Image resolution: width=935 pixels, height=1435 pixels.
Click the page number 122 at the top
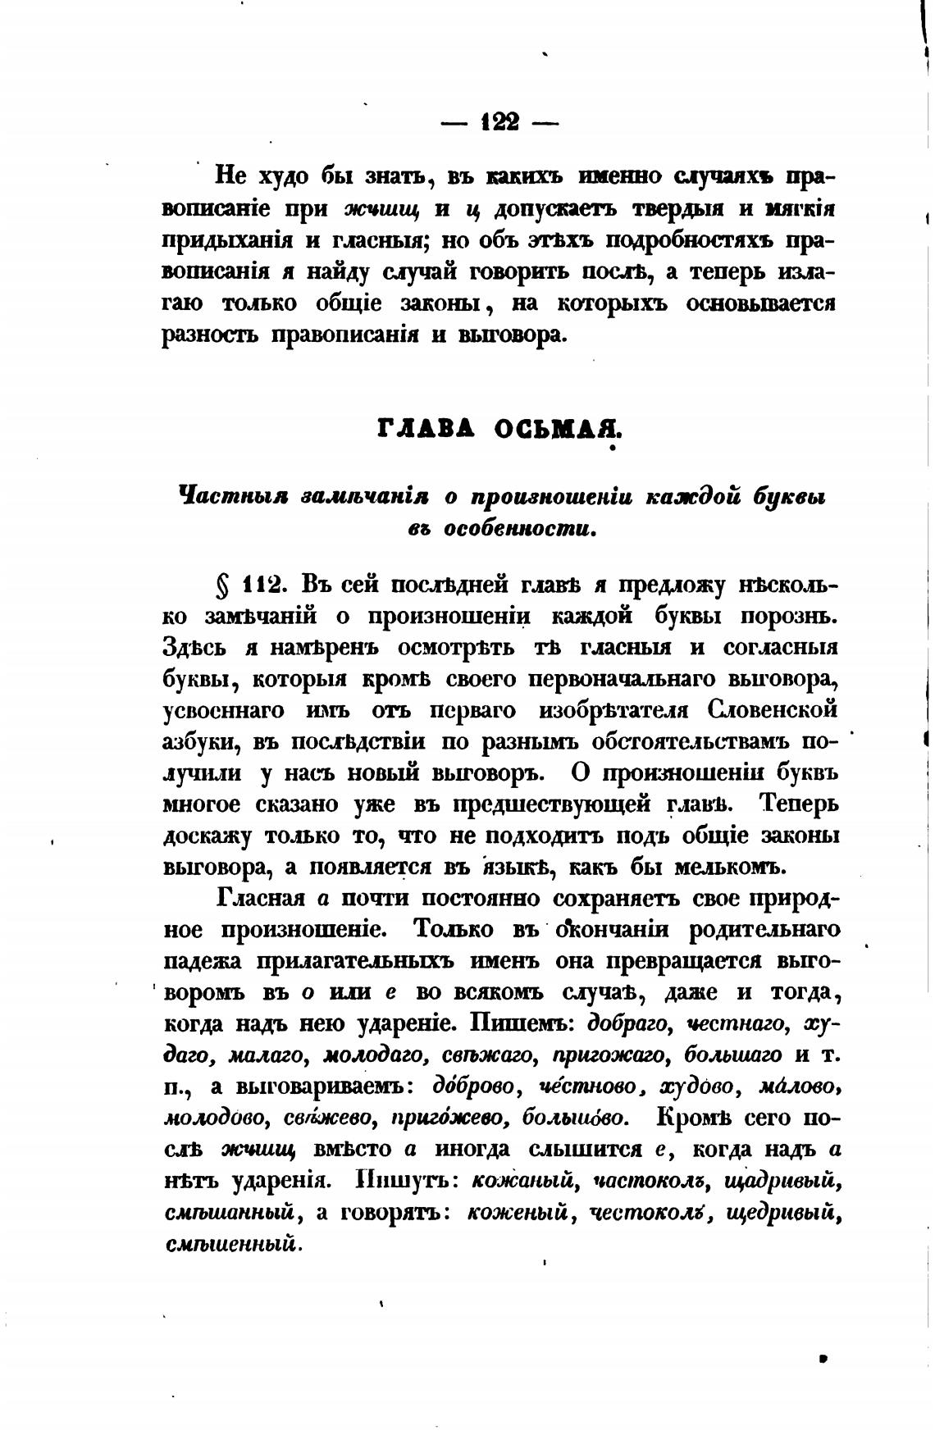(500, 122)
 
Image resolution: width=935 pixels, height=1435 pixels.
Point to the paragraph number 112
(262, 585)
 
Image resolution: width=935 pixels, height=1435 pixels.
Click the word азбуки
(200, 741)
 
